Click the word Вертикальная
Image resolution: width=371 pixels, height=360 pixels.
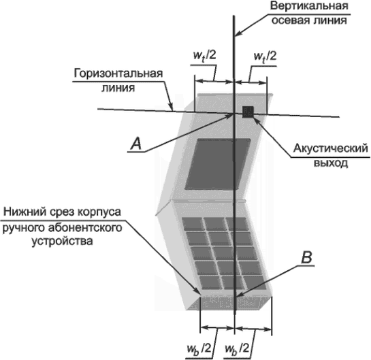pos(310,6)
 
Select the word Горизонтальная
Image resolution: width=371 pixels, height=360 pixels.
pos(118,73)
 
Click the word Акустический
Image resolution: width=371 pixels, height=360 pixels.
pos(331,148)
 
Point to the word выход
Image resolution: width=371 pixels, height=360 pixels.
pos(331,163)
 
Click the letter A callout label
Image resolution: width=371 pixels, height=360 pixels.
pos(136,144)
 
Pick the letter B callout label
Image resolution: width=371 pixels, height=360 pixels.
pos(306,257)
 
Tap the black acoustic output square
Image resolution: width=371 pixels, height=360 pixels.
pos(248,112)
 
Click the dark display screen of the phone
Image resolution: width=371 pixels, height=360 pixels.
pos(217,164)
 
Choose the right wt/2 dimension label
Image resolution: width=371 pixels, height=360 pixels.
pos(265,56)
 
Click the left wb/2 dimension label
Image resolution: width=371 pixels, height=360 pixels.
pos(199,349)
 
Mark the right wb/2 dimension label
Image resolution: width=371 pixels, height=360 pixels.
pos(237,349)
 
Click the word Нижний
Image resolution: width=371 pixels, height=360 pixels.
pos(25,211)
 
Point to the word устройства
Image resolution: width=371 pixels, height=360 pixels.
pos(62,242)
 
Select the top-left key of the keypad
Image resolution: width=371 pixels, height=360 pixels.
pos(192,223)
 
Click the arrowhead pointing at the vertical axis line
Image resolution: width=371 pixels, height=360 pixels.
pos(238,34)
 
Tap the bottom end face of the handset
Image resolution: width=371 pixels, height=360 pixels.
pos(229,303)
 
